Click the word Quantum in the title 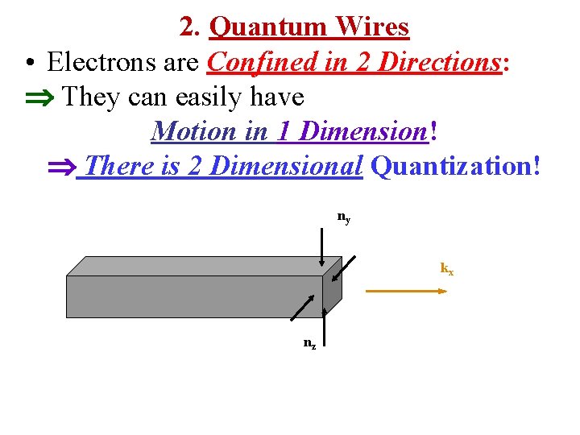pos(267,27)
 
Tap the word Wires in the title pos(372,27)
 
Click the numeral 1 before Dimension pos(282,130)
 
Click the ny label pos(343,217)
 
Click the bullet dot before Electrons pos(29,63)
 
